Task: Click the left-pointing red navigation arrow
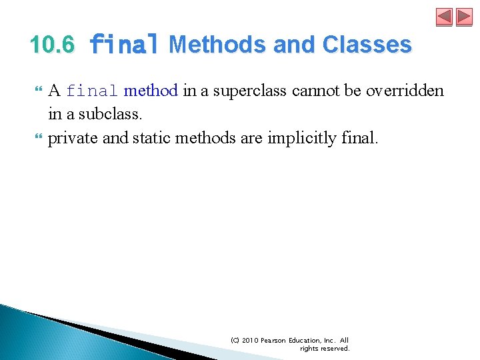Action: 444,17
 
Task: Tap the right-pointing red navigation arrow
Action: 464,17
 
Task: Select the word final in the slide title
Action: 124,45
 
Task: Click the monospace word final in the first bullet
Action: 93,91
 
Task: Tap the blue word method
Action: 151,91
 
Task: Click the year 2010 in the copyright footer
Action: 250,340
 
